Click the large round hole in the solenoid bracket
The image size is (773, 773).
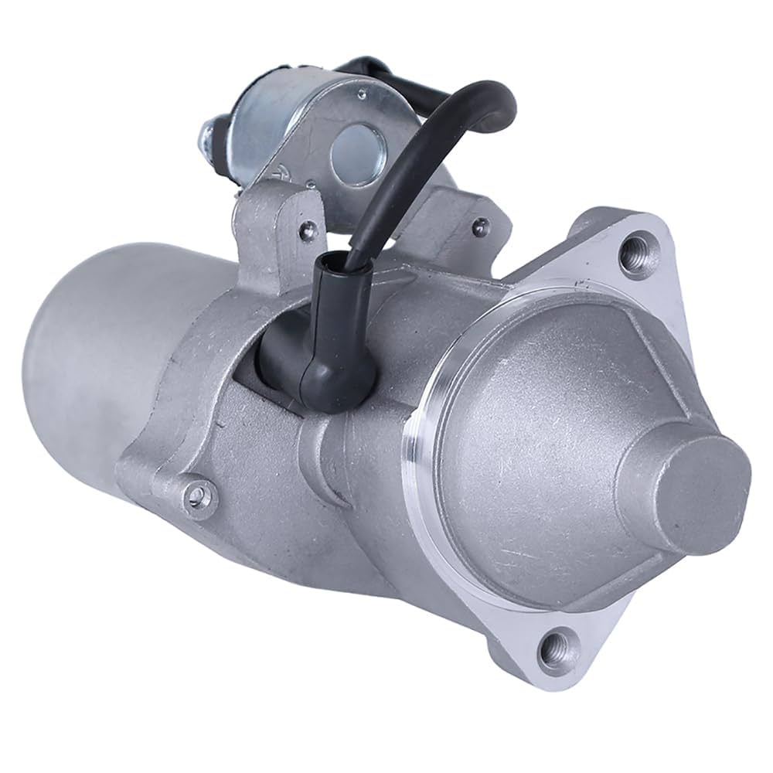(x=354, y=155)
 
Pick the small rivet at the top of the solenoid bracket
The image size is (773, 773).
(x=361, y=94)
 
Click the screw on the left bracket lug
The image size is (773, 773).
(x=308, y=228)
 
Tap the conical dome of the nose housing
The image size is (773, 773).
(x=557, y=433)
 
